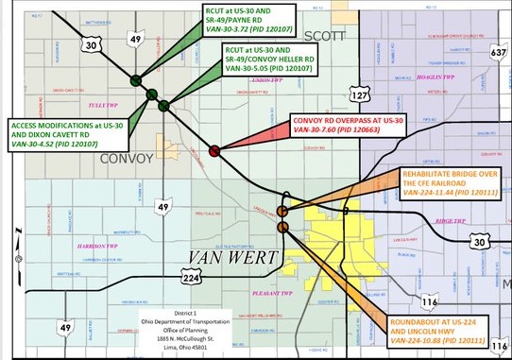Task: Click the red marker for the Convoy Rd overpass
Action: click(214, 150)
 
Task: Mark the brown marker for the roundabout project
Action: click(282, 227)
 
